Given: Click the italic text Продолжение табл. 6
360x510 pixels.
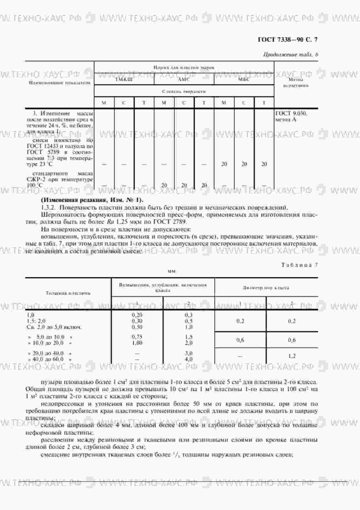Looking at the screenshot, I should tap(291, 55).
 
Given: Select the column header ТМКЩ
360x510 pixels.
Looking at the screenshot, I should tap(124, 79).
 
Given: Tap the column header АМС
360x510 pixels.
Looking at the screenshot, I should tap(184, 79).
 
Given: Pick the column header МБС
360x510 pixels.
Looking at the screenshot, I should tap(244, 79).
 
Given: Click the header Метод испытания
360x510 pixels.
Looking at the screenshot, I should tap(296, 82).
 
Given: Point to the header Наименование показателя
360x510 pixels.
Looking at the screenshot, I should tap(60, 83).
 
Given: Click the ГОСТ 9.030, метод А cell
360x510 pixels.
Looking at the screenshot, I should tap(291, 116).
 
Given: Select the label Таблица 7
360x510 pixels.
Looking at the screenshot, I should tap(300, 265).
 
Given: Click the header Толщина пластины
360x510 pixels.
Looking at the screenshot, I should tap(68, 293).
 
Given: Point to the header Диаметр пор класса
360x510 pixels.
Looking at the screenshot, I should tap(266, 288).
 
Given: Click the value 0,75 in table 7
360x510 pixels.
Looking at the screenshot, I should tap(137, 337).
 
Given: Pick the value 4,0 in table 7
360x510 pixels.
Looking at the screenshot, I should tap(189, 359).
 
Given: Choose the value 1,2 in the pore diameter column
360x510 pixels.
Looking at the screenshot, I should tap(292, 356).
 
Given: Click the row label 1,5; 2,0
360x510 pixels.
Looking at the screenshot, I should tap(36, 321).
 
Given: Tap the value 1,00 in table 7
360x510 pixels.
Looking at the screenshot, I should tap(137, 343).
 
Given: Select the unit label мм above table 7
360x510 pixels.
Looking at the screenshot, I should tap(172, 271).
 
